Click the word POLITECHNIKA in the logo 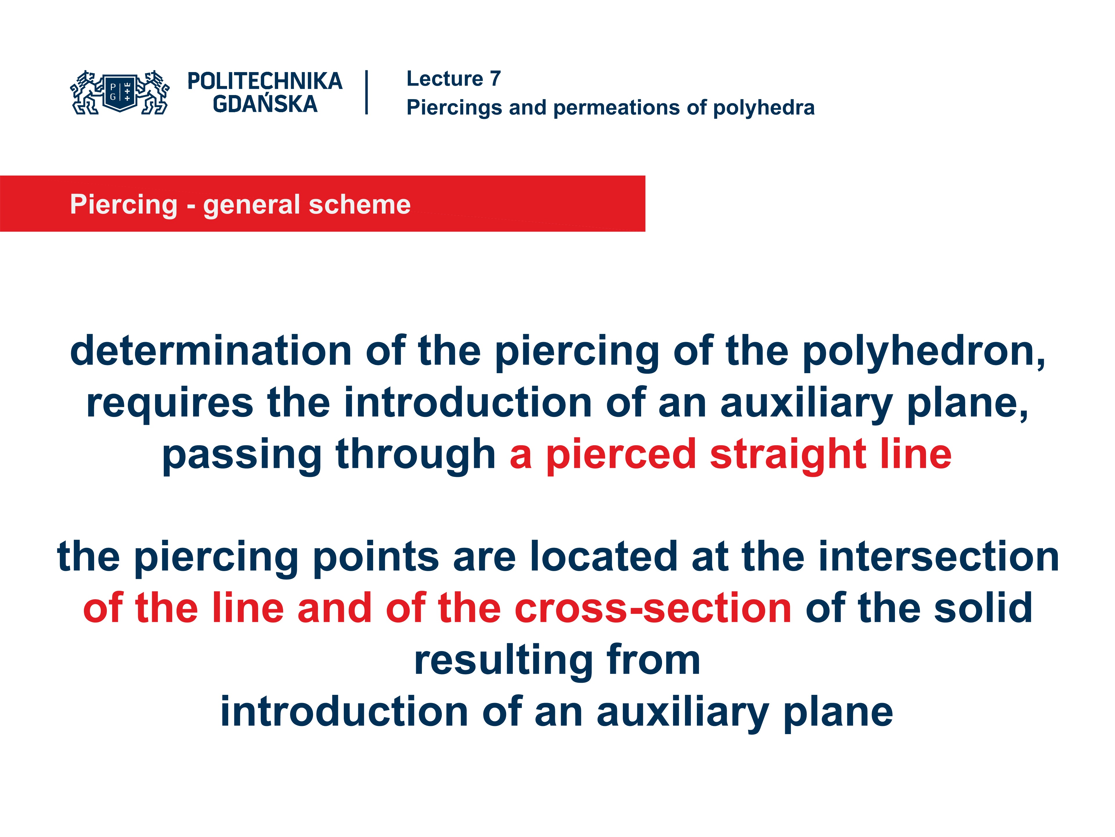(x=265, y=81)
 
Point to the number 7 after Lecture (x=495, y=79)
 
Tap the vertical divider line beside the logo (x=366, y=92)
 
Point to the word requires (x=170, y=404)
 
